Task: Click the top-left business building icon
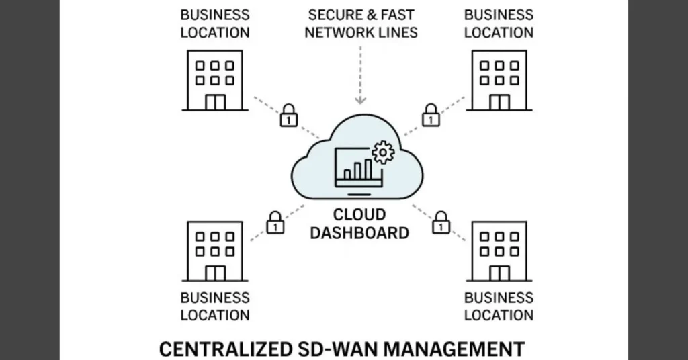[x=214, y=80]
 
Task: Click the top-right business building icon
[x=499, y=80]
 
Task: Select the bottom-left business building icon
[x=214, y=251]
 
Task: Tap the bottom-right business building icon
[x=499, y=251]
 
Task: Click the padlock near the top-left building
[x=288, y=115]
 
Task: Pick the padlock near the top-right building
[x=431, y=115]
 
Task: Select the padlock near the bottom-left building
[x=275, y=222]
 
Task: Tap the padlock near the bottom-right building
[x=441, y=222]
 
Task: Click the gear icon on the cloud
[x=383, y=152]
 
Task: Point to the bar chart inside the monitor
[x=358, y=169]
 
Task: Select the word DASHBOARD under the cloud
[x=361, y=234]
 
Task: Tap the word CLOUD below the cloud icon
[x=361, y=216]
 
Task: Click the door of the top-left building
[x=214, y=102]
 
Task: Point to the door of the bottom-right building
[x=499, y=273]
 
